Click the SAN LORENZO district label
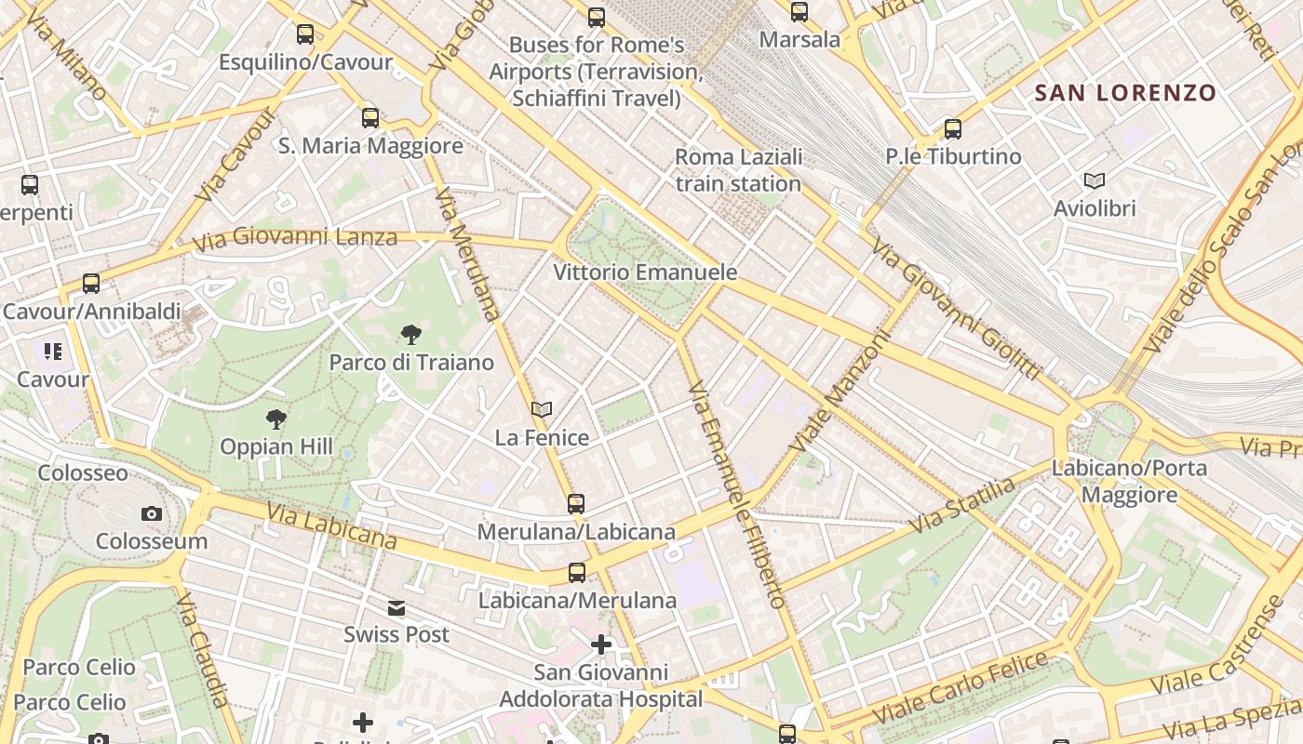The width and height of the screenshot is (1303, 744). (1125, 93)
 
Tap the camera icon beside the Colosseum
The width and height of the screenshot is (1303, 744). (151, 513)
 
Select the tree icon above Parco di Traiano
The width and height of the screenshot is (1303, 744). (410, 335)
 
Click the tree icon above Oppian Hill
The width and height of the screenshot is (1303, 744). (275, 419)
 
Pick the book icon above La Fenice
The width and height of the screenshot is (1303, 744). (542, 409)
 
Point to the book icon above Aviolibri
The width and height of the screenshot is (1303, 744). (1095, 180)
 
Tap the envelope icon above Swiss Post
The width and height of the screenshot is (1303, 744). (396, 608)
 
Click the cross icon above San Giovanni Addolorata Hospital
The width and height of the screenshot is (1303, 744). (601, 644)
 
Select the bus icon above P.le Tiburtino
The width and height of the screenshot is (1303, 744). (952, 129)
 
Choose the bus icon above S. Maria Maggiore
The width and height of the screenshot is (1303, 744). (370, 118)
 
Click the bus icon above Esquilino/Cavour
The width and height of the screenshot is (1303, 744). (305, 34)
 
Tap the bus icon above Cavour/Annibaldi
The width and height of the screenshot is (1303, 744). (90, 283)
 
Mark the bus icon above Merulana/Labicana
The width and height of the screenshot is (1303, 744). (576, 504)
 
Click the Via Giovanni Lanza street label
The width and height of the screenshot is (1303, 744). (295, 239)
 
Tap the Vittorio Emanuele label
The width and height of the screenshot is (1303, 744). (645, 272)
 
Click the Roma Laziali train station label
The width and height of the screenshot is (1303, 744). (738, 170)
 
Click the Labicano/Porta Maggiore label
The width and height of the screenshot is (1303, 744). (1129, 481)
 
